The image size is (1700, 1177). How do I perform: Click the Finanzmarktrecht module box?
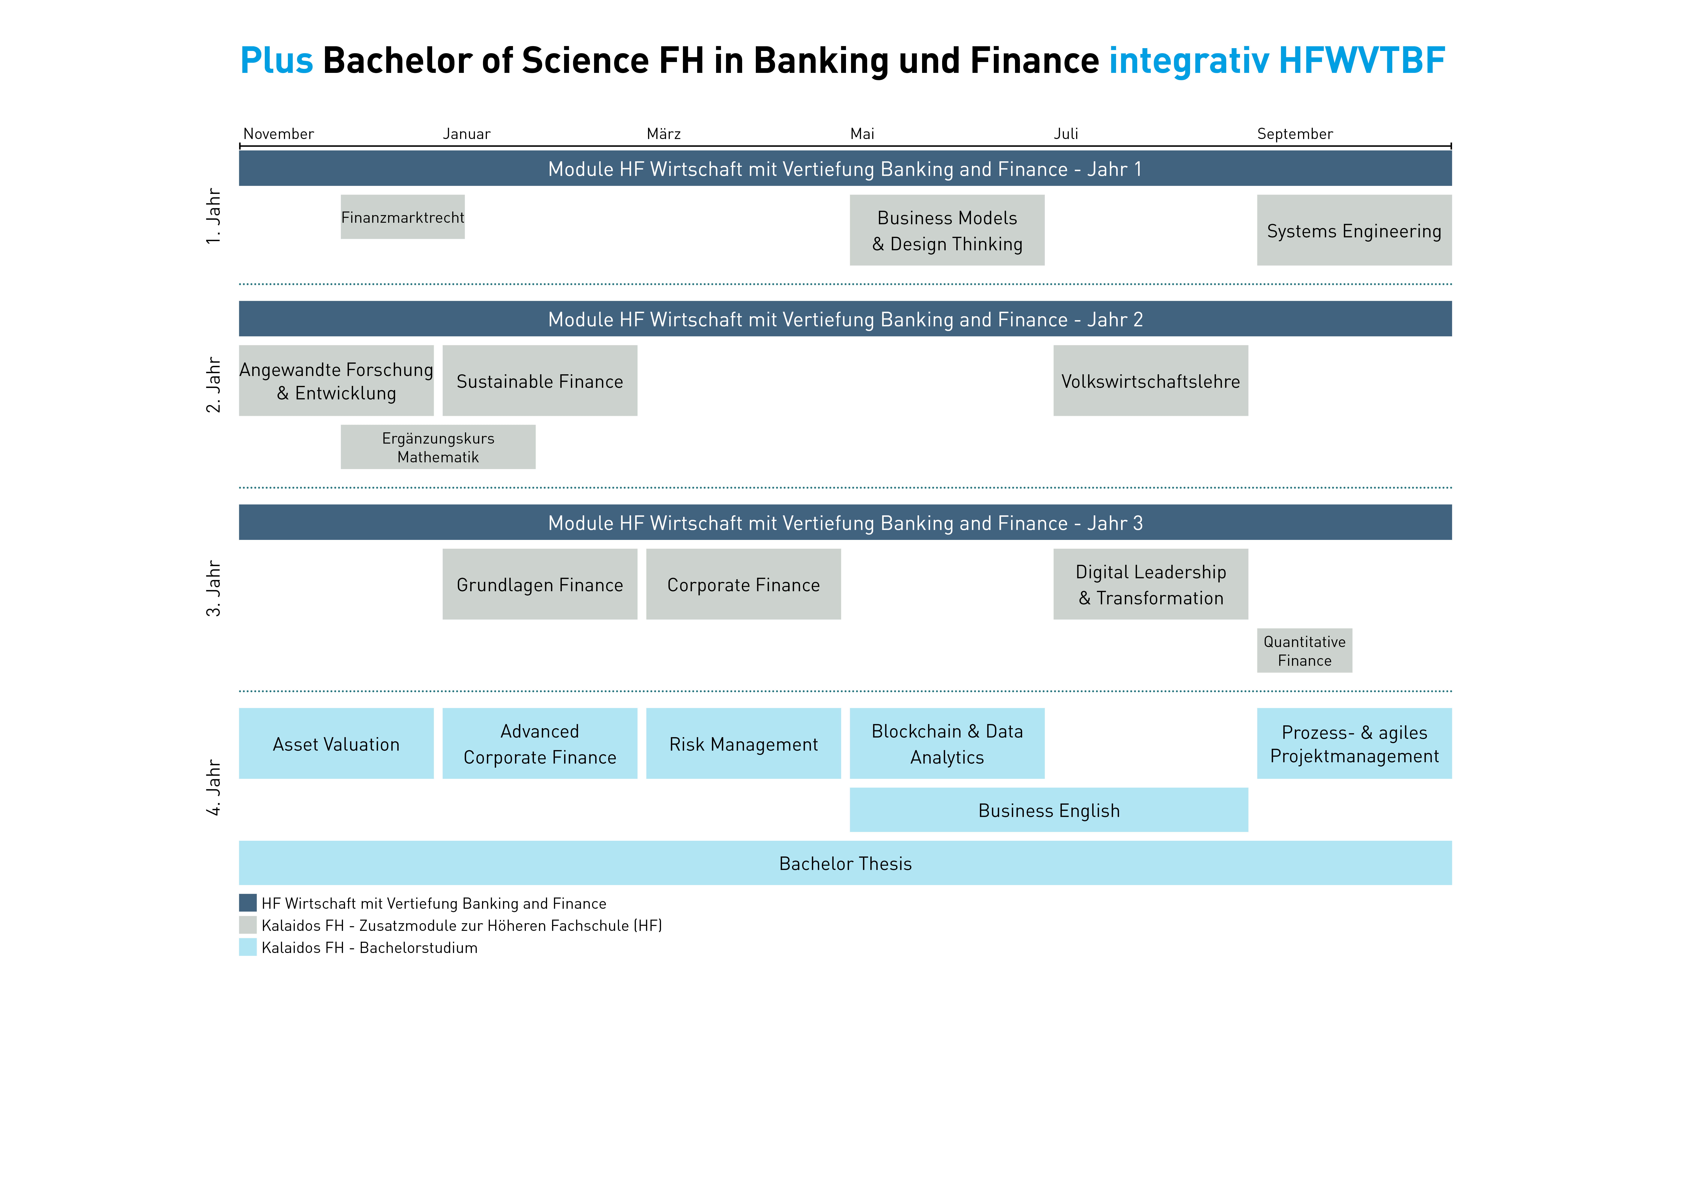point(403,217)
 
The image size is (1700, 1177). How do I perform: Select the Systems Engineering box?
point(1354,230)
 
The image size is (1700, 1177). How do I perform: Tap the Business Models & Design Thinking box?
point(947,230)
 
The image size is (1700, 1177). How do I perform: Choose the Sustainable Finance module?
point(540,380)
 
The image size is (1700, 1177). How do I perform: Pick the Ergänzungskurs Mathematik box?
point(438,447)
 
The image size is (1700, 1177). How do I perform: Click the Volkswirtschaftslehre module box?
point(1151,380)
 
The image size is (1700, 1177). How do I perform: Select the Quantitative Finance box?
point(1305,650)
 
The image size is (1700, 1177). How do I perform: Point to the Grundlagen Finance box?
point(540,584)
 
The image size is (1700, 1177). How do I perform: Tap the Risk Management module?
point(744,743)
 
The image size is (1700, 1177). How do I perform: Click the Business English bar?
point(1049,810)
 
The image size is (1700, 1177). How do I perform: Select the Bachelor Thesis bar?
point(846,863)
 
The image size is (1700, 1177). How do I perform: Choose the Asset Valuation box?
point(336,743)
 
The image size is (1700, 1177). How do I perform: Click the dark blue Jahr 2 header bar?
point(846,319)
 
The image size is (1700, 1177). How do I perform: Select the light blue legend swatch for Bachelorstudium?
point(248,947)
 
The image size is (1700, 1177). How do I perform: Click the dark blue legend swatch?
point(248,903)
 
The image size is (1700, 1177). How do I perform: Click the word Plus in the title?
point(277,61)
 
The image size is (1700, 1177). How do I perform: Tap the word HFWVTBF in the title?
point(1361,61)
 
